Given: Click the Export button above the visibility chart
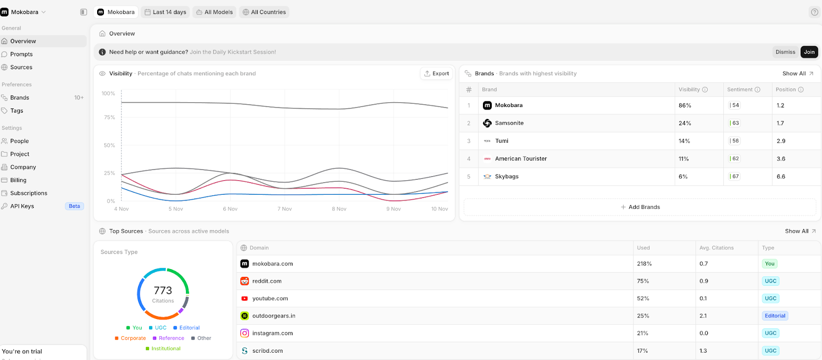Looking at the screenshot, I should tap(436, 74).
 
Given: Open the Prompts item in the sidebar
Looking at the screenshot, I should tap(21, 54).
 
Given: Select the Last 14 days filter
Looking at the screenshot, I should tap(165, 12).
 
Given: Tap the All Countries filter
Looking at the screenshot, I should tap(264, 12).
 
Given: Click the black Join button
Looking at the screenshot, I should tap(809, 52).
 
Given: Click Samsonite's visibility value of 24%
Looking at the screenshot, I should tap(684, 123).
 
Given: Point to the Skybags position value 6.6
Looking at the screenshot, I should tap(780, 177).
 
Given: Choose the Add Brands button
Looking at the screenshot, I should tap(640, 207).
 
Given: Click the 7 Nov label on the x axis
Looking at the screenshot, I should tap(284, 209).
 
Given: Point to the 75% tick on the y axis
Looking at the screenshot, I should tap(109, 117).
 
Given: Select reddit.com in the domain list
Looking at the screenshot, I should tap(267, 281).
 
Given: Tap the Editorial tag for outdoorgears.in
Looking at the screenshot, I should tap(775, 316).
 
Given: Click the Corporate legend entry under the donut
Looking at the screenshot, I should tap(133, 338).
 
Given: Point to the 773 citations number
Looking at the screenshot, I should tap(163, 290).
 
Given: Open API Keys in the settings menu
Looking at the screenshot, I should tap(22, 206).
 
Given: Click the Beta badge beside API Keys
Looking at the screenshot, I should tap(74, 206).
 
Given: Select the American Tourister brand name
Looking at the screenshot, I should tap(521, 159).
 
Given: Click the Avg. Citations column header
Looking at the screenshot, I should tap(716, 248).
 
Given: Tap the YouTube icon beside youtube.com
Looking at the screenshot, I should tap(245, 299).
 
